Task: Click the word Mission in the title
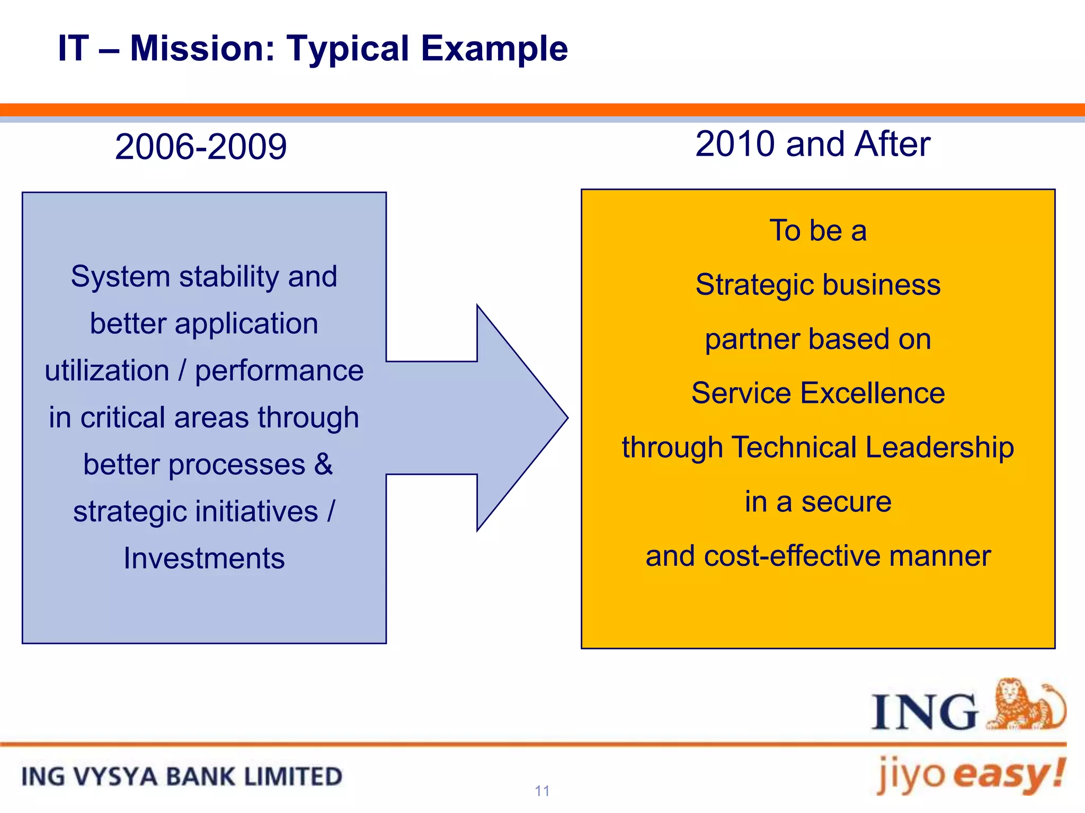(x=202, y=49)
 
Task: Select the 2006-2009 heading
(x=201, y=147)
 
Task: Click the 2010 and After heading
(x=812, y=144)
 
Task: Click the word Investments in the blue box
(x=204, y=558)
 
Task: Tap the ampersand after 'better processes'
(x=323, y=464)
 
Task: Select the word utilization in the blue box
(x=107, y=370)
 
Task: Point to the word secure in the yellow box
(x=846, y=501)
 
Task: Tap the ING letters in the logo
(x=924, y=712)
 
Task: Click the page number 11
(x=542, y=791)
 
